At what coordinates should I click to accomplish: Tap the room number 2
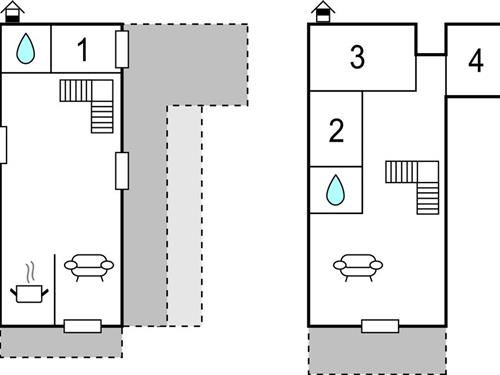[336, 130]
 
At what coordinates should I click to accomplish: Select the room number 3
[357, 57]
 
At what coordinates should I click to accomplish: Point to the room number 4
[474, 57]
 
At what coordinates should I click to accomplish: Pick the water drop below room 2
[336, 187]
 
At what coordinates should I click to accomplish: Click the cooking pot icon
[30, 291]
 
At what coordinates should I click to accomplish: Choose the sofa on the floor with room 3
[358, 266]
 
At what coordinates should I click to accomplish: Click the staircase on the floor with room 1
[90, 105]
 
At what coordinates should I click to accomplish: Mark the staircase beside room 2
[414, 185]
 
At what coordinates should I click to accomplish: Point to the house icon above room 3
[322, 11]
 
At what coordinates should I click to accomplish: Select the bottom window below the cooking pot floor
[83, 325]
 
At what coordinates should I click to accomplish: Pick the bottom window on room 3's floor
[380, 325]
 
